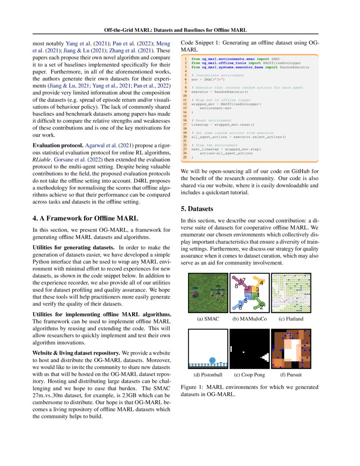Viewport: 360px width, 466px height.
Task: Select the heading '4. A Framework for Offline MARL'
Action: [x=85, y=218]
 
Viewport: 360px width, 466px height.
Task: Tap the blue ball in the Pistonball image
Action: [x=213, y=360]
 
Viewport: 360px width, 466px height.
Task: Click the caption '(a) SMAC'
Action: [x=208, y=319]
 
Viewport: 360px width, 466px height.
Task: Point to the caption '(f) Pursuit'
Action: [x=291, y=375]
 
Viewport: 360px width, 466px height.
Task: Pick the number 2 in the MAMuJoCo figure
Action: [x=262, y=307]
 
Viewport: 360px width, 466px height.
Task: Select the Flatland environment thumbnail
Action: [x=291, y=293]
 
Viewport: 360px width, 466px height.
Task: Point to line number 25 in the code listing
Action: [x=185, y=157]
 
